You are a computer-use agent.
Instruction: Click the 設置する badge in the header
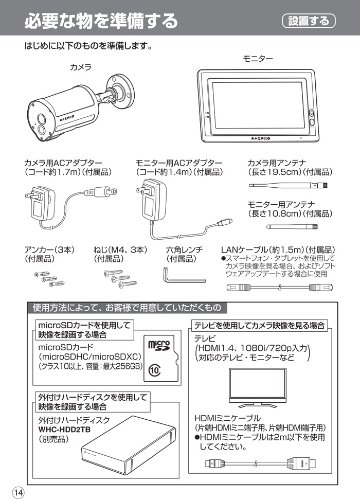click(x=309, y=21)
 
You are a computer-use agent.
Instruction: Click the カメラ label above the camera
click(x=81, y=67)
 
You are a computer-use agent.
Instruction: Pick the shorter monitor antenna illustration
click(x=292, y=226)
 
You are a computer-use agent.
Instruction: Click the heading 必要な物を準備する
click(x=101, y=21)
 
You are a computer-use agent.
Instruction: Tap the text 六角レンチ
click(x=184, y=250)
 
